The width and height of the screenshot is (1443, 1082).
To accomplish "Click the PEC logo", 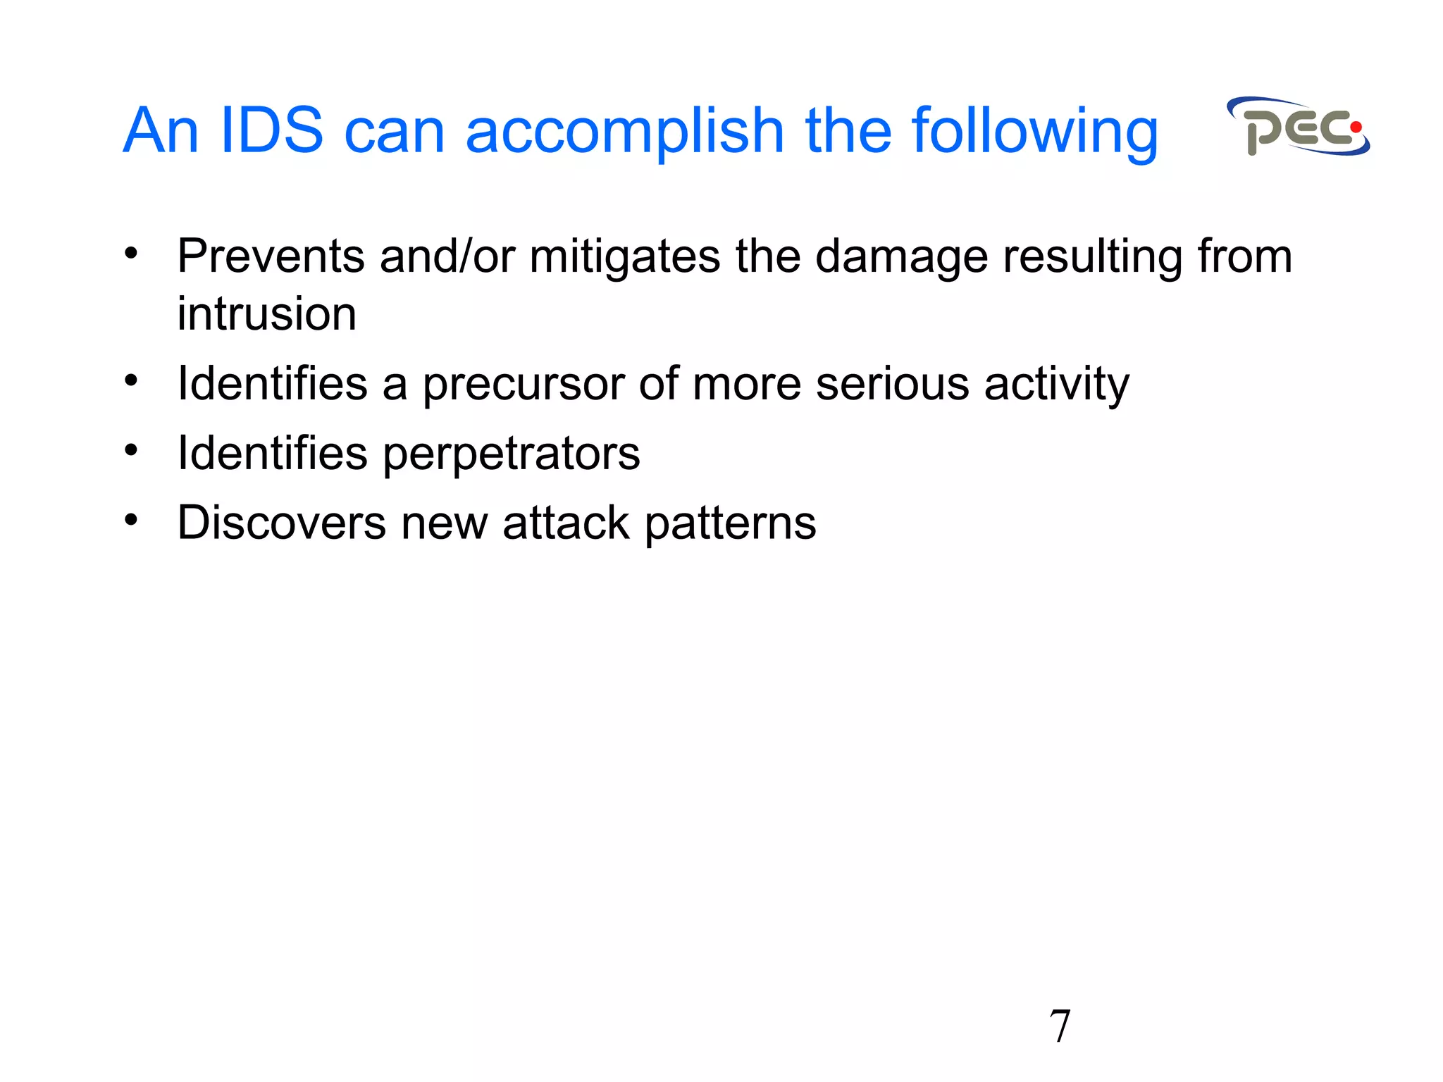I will pos(1298,128).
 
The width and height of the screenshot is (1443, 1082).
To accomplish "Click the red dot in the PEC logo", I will pos(1356,128).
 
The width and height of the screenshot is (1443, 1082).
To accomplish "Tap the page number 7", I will pos(1060,1026).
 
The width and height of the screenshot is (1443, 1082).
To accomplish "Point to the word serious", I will pos(892,384).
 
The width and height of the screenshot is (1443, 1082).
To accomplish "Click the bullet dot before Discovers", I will pos(131,520).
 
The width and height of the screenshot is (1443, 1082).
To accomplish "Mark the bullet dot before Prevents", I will pos(131,253).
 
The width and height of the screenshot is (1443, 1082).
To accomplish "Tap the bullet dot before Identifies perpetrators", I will pos(131,450).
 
